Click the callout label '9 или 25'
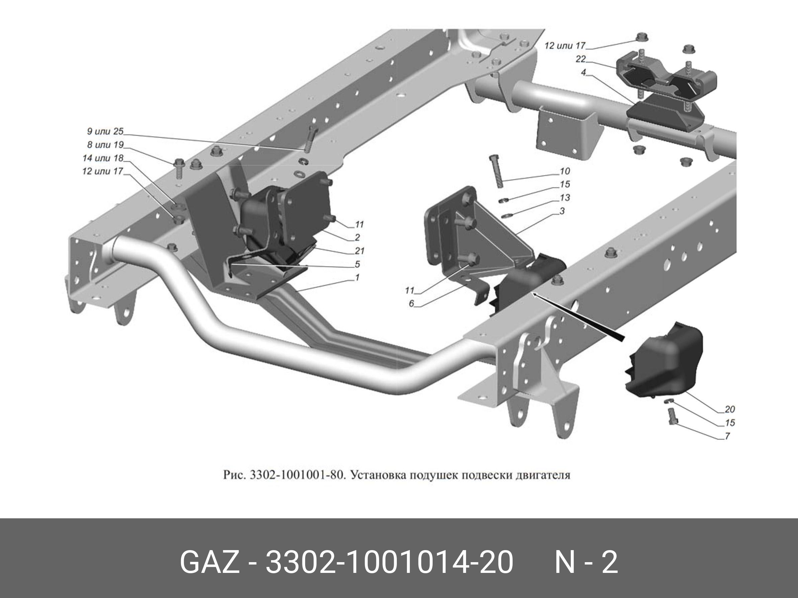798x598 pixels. [105, 131]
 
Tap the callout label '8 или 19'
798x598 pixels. [105, 145]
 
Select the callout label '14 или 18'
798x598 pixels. [103, 158]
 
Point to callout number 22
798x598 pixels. [581, 59]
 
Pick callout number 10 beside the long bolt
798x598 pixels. [564, 171]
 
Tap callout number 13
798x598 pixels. [564, 198]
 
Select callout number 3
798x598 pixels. [562, 211]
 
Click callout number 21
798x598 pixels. [359, 250]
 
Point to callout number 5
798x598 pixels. [357, 264]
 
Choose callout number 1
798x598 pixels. [357, 277]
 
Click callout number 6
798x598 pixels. [411, 304]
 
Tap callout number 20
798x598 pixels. [729, 409]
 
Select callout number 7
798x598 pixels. [727, 436]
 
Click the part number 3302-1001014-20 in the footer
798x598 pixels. [389, 562]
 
